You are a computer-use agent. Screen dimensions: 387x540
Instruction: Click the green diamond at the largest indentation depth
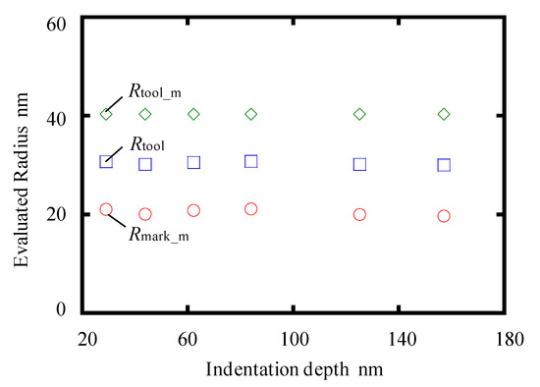(444, 115)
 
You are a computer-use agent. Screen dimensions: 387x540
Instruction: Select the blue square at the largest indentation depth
(444, 165)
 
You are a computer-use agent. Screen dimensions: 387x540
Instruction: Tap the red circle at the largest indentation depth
(444, 216)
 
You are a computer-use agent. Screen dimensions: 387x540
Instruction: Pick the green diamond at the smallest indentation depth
(106, 115)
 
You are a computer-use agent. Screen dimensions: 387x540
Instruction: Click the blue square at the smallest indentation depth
(106, 161)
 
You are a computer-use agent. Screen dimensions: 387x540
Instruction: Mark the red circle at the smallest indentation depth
(106, 209)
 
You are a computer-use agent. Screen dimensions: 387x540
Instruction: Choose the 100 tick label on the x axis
(294, 338)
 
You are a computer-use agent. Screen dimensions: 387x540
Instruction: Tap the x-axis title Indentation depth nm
(294, 369)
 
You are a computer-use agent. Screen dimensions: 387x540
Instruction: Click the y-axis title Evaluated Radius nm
(20, 164)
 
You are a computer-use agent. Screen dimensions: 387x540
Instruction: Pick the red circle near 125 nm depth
(359, 215)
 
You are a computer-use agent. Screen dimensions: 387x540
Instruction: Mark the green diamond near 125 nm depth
(359, 115)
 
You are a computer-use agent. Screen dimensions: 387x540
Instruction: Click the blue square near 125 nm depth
(359, 164)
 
